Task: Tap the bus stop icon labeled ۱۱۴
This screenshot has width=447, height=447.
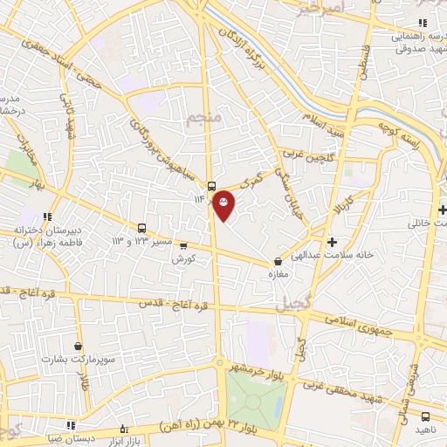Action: pyautogui.click(x=211, y=186)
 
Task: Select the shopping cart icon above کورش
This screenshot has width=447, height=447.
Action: pyautogui.click(x=183, y=246)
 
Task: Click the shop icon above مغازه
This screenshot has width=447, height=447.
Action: pyautogui.click(x=279, y=260)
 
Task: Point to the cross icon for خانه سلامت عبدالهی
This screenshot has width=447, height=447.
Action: pyautogui.click(x=331, y=241)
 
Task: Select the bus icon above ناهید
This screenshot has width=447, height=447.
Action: pyautogui.click(x=425, y=417)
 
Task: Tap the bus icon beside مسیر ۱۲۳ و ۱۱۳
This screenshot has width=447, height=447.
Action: pyautogui.click(x=141, y=229)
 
